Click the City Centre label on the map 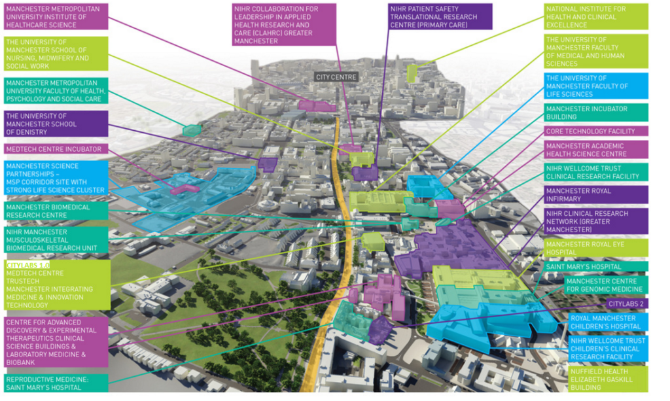point(336,77)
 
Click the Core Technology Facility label point(595,131)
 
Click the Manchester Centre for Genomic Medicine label point(605,285)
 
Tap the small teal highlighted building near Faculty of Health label point(192,130)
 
